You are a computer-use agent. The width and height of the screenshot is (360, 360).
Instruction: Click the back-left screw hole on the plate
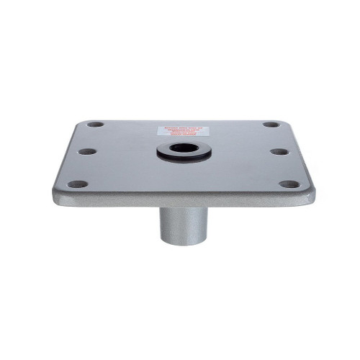pyautogui.click(x=95, y=124)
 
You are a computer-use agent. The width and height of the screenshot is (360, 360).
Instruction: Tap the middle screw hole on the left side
pyautogui.click(x=86, y=152)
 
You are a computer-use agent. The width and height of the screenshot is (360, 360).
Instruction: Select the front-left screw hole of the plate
pyautogui.click(x=76, y=184)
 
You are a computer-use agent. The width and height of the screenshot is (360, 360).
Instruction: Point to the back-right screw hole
pyautogui.click(x=271, y=124)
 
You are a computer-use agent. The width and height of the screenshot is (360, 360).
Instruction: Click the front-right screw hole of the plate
pyautogui.click(x=289, y=184)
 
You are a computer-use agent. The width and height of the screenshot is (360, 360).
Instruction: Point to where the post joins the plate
pyautogui.click(x=181, y=209)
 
